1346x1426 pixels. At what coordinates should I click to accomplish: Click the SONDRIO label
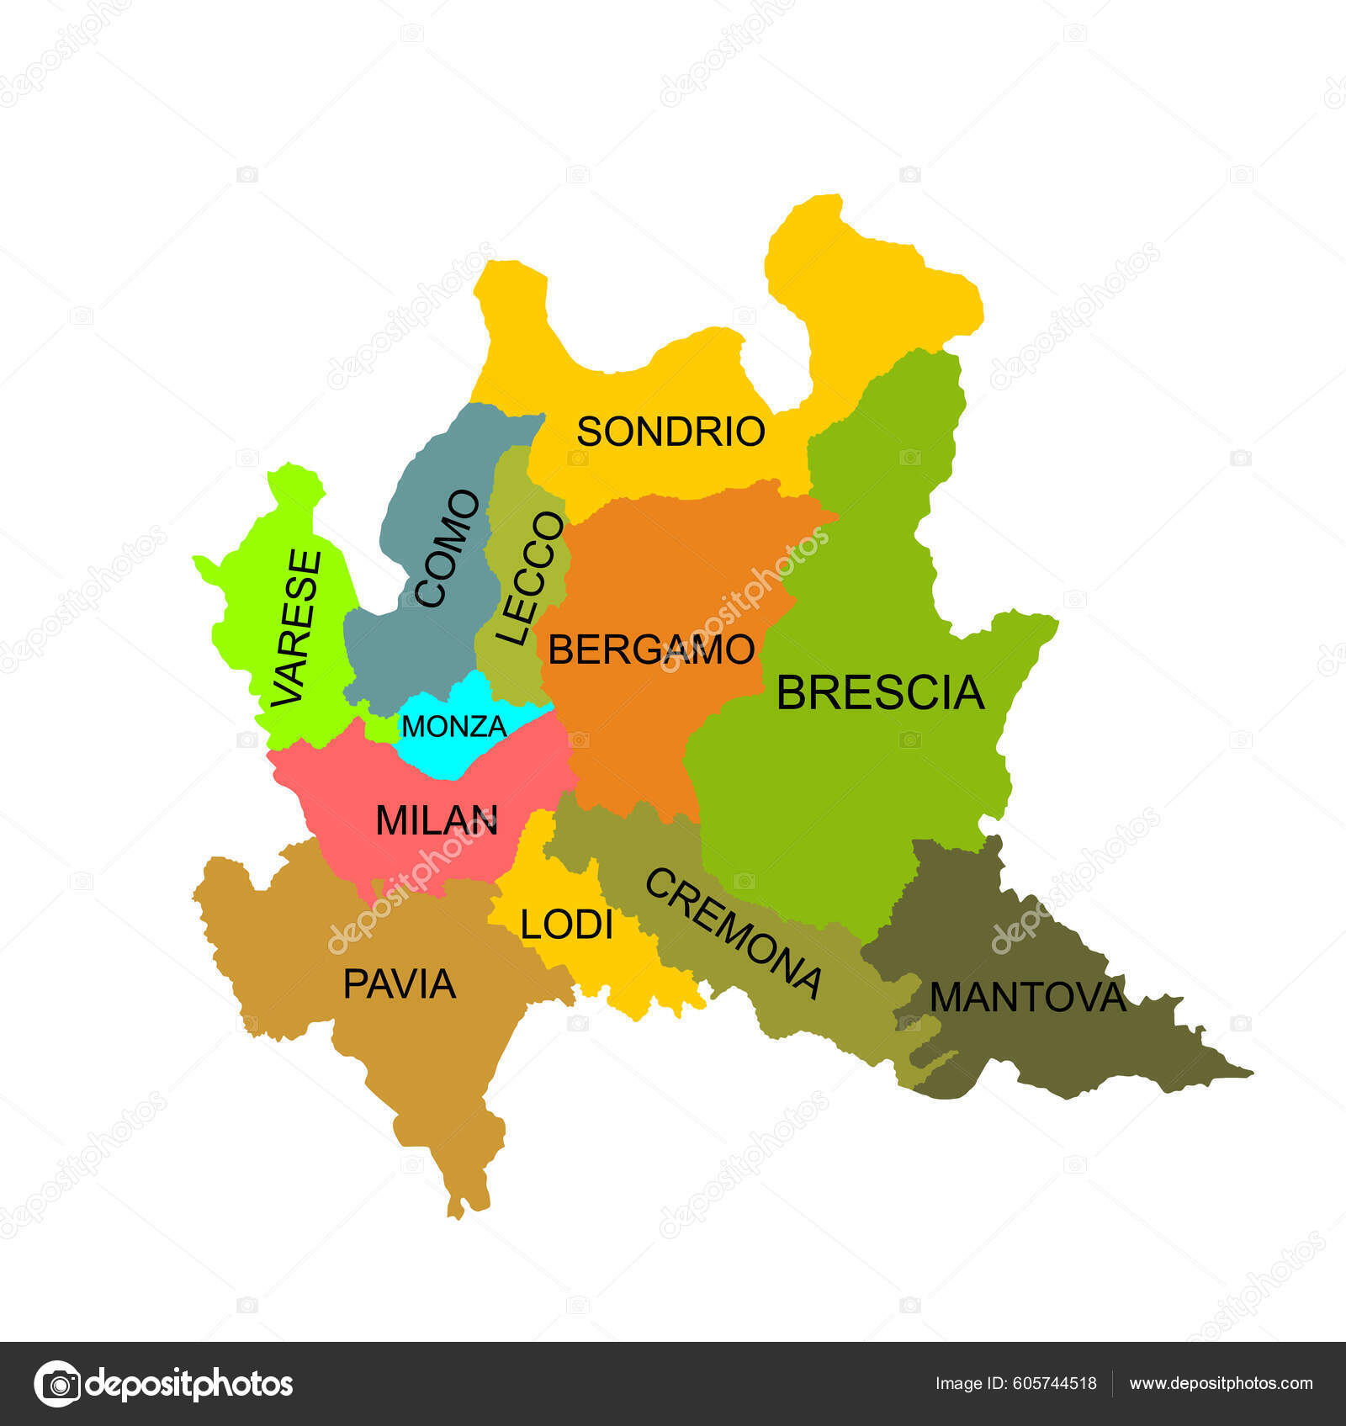[x=670, y=432]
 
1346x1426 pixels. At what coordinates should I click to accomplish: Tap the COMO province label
[x=448, y=549]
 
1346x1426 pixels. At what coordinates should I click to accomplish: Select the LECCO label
[x=530, y=578]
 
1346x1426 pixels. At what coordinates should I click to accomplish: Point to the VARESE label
[x=298, y=628]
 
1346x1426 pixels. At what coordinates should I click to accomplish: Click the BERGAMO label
[x=651, y=649]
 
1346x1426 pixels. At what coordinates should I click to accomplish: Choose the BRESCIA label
[x=880, y=692]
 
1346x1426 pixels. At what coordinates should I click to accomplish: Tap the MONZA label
[x=454, y=726]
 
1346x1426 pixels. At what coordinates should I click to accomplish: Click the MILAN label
[x=437, y=820]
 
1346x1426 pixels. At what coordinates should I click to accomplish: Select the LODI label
[x=566, y=925]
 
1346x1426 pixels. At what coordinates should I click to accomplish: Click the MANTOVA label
[x=1027, y=998]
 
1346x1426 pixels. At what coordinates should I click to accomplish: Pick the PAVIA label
[x=400, y=983]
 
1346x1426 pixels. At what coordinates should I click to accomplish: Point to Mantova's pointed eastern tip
[x=1248, y=1073]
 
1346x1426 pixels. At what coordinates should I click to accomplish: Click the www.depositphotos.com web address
[x=1221, y=1383]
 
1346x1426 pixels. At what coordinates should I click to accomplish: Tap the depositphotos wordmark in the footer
[x=190, y=1383]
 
